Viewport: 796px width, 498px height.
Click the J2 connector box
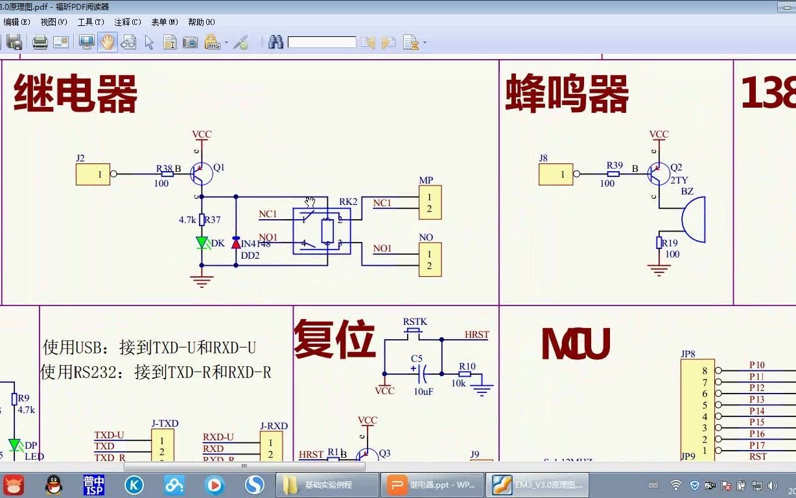pos(93,174)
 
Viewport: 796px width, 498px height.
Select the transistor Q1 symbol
pos(202,174)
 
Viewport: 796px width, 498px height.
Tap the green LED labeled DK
pos(202,243)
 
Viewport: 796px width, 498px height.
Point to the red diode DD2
pos(235,244)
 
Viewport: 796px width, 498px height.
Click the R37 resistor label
pos(213,220)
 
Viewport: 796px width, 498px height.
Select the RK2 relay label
pos(348,202)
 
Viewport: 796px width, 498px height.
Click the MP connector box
pos(430,202)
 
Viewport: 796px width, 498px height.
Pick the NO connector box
pos(430,259)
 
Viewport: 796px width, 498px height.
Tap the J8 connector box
pos(556,174)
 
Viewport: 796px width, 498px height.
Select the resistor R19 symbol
pos(659,243)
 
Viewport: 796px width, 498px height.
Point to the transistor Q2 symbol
pos(659,174)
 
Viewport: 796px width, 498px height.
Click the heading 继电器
pos(75,94)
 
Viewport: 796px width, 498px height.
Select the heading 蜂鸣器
pos(567,94)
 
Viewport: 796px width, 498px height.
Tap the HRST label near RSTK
pos(476,335)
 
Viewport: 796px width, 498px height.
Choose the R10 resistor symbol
pos(465,374)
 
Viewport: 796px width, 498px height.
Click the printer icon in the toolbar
pos(40,43)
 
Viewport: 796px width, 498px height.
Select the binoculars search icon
pos(275,43)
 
